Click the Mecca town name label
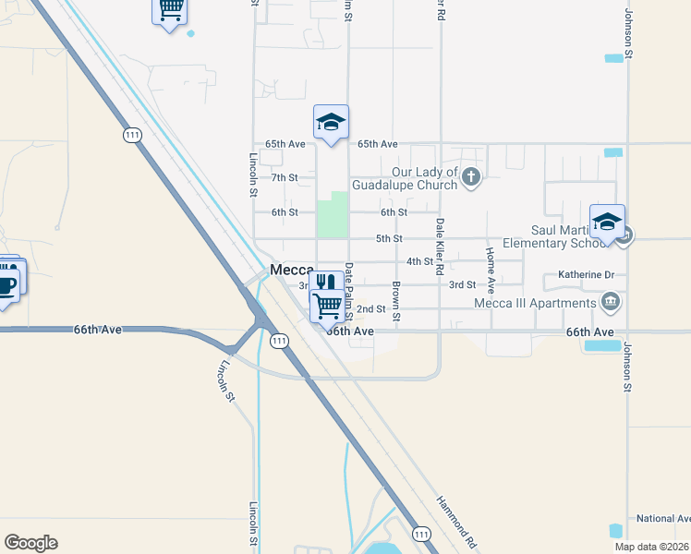pos(292,270)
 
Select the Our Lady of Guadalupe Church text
pos(425,178)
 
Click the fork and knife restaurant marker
pos(324,283)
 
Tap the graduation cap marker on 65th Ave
pos(331,123)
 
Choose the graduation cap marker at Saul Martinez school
pos(608,223)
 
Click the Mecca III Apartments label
pos(535,303)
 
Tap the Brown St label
pos(395,301)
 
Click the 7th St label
pos(285,177)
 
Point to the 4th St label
pos(419,261)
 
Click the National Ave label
pos(662,519)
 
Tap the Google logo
pos(30,543)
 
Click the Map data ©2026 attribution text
pos(652,547)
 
